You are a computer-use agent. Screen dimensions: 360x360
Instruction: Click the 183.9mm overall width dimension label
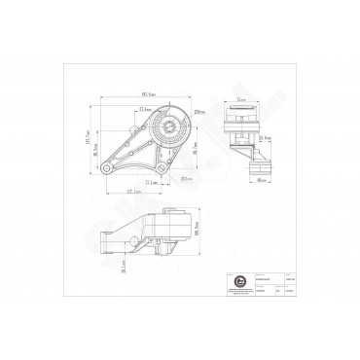click(x=149, y=93)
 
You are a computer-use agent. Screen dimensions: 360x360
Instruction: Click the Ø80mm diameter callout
click(x=198, y=115)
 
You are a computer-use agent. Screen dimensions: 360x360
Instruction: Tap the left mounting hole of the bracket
click(x=103, y=172)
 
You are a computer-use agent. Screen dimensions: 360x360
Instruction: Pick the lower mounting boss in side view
click(x=257, y=172)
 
